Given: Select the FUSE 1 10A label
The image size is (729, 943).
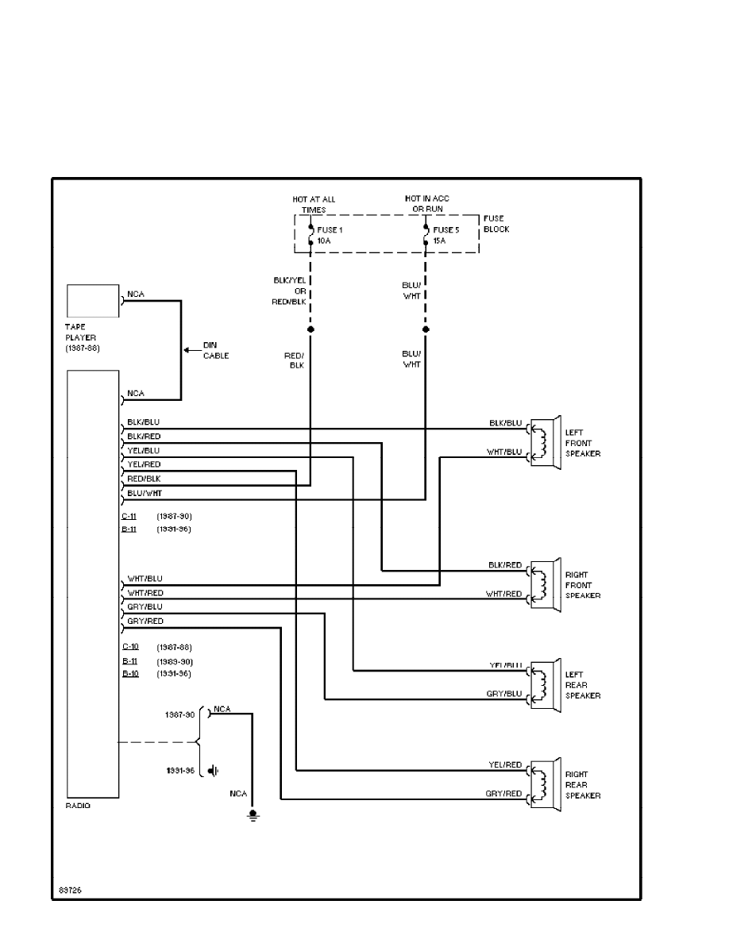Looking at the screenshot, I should click(x=328, y=234).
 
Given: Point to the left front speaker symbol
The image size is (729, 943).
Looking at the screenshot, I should click(x=546, y=442).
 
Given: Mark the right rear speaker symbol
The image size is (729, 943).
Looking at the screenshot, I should click(x=546, y=784).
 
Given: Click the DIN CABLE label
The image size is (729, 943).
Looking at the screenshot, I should click(x=215, y=351).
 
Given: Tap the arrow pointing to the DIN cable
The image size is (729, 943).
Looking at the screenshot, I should click(x=191, y=350).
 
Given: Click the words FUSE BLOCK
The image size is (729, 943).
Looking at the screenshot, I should click(x=496, y=224).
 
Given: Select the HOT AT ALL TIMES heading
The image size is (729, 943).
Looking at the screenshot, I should click(x=313, y=204).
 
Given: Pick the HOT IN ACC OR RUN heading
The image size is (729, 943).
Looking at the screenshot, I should click(x=428, y=203).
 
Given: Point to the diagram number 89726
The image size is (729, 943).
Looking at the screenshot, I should click(x=70, y=890).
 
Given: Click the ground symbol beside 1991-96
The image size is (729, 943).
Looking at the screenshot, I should click(x=213, y=770).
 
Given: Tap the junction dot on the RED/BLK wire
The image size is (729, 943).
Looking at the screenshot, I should click(x=310, y=329).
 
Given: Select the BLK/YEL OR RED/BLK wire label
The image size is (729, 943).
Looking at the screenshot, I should click(x=291, y=291).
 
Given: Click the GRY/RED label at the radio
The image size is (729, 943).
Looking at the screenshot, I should click(x=145, y=621).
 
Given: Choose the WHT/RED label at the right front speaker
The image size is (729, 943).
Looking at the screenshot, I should click(x=503, y=594).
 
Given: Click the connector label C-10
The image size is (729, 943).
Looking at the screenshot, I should click(x=129, y=648).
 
